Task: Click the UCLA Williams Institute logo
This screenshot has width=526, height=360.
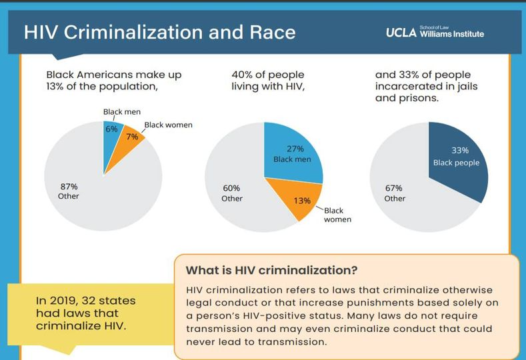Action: [434, 33]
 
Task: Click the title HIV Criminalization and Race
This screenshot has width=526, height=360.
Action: [159, 32]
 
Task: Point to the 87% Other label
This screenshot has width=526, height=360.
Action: [69, 191]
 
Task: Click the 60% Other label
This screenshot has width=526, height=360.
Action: [231, 193]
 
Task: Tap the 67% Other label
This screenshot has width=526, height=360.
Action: [394, 193]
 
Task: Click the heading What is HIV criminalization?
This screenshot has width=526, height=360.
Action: [271, 271]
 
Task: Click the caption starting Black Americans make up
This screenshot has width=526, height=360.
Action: [113, 80]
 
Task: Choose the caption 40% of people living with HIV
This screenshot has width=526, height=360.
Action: [269, 80]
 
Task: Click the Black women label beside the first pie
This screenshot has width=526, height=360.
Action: [167, 125]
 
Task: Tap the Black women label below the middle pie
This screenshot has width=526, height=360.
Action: [337, 215]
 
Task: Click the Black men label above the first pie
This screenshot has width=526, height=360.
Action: [121, 112]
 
